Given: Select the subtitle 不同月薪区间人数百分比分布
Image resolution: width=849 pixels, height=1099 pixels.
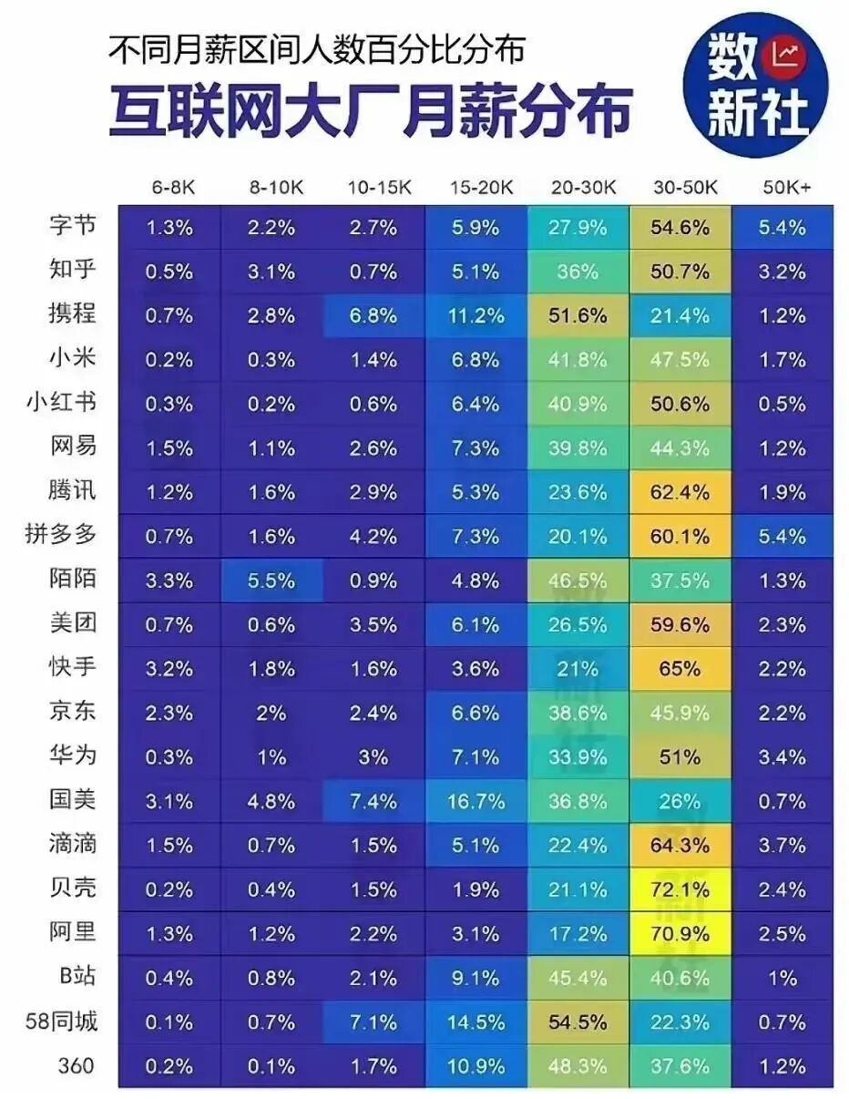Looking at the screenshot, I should tap(316, 50).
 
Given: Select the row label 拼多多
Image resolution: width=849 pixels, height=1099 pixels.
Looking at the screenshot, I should tap(61, 536).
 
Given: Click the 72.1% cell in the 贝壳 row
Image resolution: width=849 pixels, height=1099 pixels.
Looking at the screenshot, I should tap(680, 889).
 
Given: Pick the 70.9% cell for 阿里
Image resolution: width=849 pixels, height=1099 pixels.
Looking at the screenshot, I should tap(680, 933).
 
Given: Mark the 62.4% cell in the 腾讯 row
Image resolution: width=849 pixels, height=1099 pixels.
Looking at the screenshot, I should tap(680, 492).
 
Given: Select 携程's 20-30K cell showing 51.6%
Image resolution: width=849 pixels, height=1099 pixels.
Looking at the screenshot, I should tap(578, 315).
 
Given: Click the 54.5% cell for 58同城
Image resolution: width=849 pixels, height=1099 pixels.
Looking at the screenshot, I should tap(578, 1022).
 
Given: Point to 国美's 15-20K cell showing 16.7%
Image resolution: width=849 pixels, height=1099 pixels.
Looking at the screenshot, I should tap(476, 801).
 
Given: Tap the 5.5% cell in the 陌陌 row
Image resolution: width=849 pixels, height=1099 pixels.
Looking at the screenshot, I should tap(271, 580).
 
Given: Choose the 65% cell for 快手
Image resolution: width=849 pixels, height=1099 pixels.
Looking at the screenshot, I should tap(680, 669).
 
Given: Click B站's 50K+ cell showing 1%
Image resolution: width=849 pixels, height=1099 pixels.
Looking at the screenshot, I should tap(782, 978).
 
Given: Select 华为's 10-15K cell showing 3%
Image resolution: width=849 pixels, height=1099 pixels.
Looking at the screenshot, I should tap(373, 756).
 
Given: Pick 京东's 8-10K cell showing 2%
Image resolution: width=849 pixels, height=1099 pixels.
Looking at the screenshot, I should tap(271, 713).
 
